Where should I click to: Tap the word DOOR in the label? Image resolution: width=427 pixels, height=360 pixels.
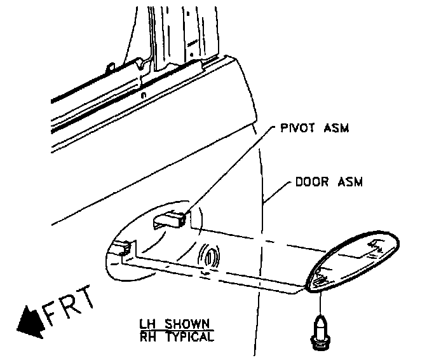(x=311, y=183)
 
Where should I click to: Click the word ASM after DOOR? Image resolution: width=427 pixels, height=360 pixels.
(x=349, y=183)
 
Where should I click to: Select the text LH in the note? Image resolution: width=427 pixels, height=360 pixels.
(x=146, y=323)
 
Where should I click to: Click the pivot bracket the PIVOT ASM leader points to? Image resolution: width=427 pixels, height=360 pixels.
(x=172, y=220)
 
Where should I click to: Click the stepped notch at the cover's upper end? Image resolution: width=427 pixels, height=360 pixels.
(x=376, y=244)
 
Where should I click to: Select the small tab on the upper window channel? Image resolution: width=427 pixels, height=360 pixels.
(x=111, y=66)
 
